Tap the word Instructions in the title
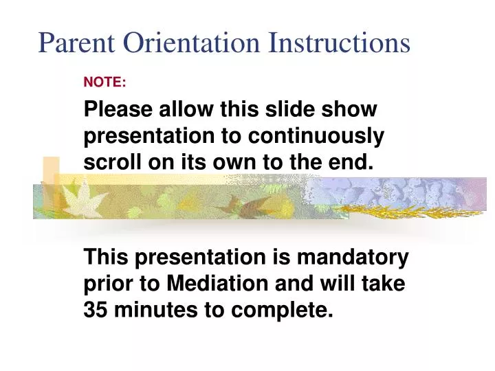coord(340,43)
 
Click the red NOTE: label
coord(104,82)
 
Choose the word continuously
coord(316,137)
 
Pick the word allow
coord(188,110)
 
